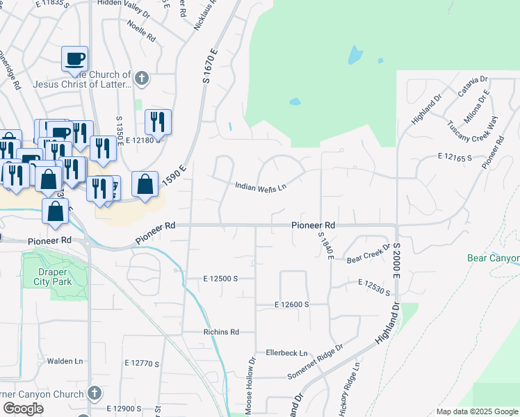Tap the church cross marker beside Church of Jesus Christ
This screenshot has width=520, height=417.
141,78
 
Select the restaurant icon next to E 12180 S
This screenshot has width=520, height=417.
158,122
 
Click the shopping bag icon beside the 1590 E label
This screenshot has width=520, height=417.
145,185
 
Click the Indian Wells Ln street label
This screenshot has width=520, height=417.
261,186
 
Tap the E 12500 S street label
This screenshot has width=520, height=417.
221,278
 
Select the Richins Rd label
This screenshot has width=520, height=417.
221,332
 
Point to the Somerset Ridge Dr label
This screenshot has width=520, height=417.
316,362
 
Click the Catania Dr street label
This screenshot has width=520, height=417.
473,88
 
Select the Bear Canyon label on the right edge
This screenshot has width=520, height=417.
494,259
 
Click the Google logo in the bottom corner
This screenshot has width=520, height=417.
23,409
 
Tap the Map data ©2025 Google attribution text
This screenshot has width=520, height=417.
476,411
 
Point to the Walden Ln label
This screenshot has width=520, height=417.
65,361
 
